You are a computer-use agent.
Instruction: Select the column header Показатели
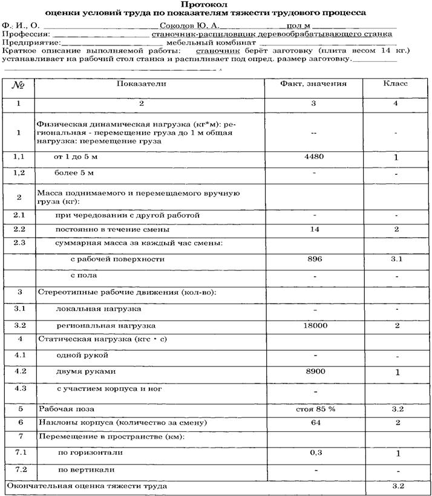[x=141, y=83]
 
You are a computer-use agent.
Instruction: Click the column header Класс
[x=394, y=83]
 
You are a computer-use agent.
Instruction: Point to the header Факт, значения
[x=313, y=83]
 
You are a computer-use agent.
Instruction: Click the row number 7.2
[x=20, y=469]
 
